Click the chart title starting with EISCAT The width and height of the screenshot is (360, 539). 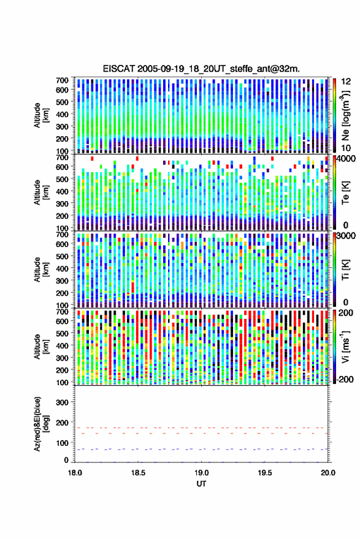coord(201,69)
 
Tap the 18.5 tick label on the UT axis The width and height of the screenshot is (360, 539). coord(138,473)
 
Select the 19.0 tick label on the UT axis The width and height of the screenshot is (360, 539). coord(201,473)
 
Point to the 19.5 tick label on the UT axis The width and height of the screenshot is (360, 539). coord(264,473)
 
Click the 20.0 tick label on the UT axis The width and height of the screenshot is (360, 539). coord(327,473)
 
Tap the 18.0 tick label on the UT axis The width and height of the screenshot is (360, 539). coord(75,473)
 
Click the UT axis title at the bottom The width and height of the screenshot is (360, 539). coord(201,484)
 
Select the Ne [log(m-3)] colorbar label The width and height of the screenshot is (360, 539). coord(345,115)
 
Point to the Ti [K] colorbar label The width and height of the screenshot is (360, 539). coord(345,270)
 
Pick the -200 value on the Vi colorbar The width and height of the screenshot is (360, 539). coord(345,379)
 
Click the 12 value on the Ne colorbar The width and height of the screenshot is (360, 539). coord(346,82)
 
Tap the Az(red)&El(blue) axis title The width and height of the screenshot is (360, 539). coord(40,424)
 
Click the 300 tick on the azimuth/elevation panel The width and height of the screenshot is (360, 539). coord(62,402)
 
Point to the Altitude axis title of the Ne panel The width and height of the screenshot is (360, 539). coord(40,115)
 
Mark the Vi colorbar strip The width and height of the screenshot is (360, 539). coord(334,346)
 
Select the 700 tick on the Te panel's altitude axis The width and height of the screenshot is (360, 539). coord(62,157)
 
